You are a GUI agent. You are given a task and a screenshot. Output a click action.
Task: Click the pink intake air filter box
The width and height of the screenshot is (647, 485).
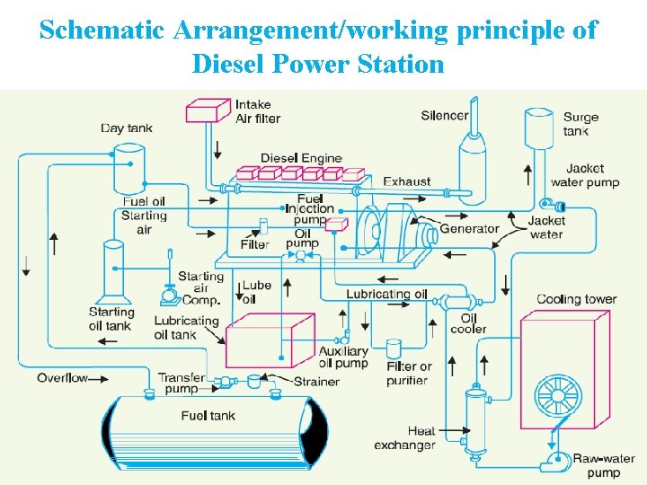click(207, 110)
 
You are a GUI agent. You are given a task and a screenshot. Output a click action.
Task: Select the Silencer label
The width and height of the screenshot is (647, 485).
click(445, 115)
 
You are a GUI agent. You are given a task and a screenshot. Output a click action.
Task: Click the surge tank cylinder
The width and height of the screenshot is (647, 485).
click(538, 132)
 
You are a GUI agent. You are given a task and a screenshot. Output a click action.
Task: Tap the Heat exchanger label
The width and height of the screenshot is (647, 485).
click(409, 438)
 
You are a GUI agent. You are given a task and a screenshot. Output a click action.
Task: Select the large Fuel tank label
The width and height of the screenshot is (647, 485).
click(208, 416)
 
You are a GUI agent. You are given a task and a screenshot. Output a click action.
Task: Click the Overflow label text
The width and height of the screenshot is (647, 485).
click(62, 378)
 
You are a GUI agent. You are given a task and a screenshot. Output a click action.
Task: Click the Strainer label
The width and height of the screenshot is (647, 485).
click(316, 382)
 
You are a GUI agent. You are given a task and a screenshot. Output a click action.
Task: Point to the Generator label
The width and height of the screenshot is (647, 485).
click(469, 229)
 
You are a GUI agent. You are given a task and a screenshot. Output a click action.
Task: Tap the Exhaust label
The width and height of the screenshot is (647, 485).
click(407, 181)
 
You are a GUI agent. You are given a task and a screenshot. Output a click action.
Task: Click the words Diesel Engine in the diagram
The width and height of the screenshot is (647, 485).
click(301, 159)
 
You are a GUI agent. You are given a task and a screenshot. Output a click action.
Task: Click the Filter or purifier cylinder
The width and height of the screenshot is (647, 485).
click(393, 349)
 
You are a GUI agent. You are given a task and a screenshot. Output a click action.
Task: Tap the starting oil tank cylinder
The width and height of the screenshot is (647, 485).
click(114, 270)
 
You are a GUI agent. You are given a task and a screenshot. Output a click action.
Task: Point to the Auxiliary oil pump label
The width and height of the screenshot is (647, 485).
click(343, 357)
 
